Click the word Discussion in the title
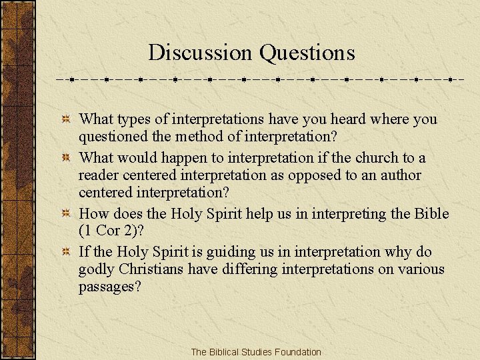[x=201, y=52]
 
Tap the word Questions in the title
[x=307, y=52]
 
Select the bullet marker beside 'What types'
[x=67, y=119]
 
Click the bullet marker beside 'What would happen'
[x=67, y=158]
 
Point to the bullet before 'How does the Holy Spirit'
[x=67, y=214]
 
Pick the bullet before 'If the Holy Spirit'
[x=67, y=252]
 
